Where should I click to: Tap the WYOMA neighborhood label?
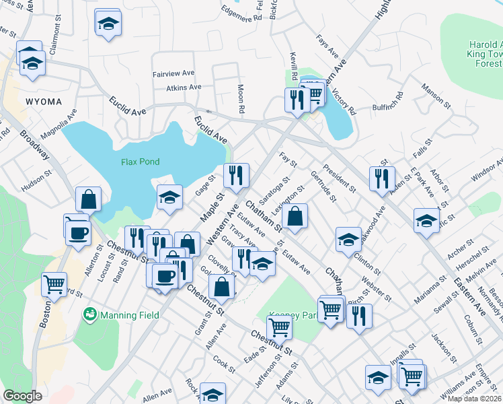point(44,102)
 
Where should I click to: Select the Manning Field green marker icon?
point(89,314)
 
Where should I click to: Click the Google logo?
point(22,396)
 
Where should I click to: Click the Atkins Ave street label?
point(184,88)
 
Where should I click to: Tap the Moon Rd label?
point(240,98)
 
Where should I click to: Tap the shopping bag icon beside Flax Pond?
point(88,199)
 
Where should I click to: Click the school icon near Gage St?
point(169,197)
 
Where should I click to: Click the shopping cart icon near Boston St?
point(54,283)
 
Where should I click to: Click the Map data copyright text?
point(475,399)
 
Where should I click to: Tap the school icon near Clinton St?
point(348,239)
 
